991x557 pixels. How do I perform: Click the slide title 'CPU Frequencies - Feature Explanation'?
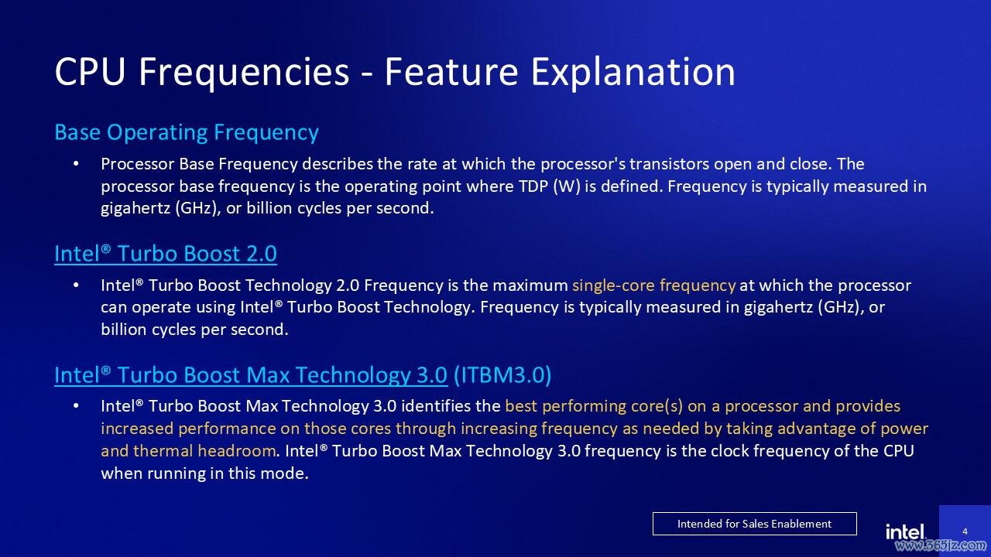pyautogui.click(x=395, y=72)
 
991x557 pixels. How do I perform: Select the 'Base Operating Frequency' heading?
pyautogui.click(x=187, y=132)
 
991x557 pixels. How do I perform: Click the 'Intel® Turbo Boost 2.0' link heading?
pyautogui.click(x=166, y=254)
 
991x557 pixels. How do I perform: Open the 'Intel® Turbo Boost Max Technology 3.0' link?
pyautogui.click(x=251, y=375)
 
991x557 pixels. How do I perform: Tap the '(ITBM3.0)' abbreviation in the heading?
pyautogui.click(x=502, y=375)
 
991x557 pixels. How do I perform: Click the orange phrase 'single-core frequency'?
pyautogui.click(x=654, y=285)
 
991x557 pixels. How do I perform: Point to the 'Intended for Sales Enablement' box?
pyautogui.click(x=755, y=524)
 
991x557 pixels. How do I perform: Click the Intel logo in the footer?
pyautogui.click(x=905, y=531)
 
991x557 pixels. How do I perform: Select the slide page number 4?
pyautogui.click(x=965, y=531)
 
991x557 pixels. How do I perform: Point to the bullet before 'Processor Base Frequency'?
pyautogui.click(x=76, y=164)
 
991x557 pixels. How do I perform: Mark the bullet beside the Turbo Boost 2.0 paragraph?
pyautogui.click(x=76, y=285)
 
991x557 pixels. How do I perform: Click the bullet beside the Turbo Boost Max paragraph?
pyautogui.click(x=76, y=406)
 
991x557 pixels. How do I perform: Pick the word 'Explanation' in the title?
pyautogui.click(x=633, y=73)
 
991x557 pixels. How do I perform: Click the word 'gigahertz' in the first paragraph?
pyautogui.click(x=135, y=209)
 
